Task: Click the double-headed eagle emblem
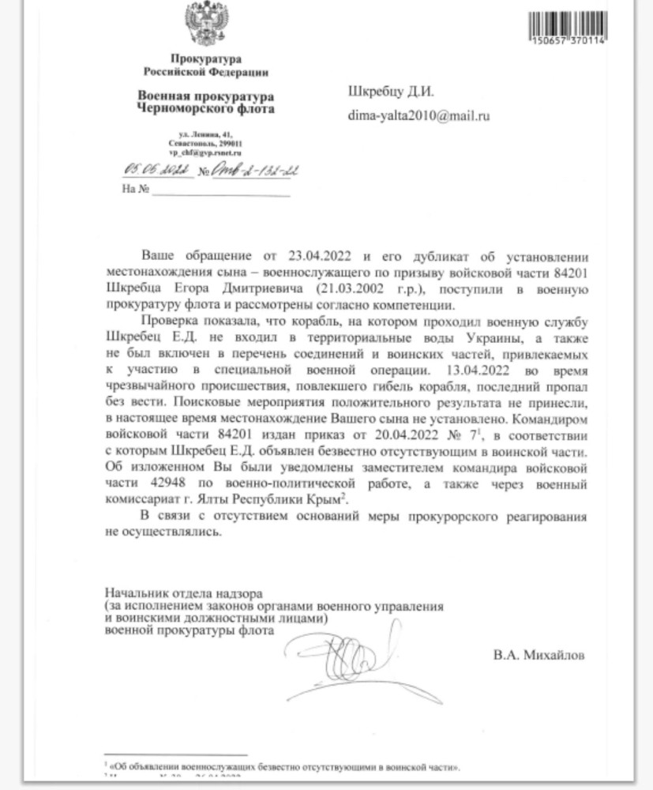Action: (205, 24)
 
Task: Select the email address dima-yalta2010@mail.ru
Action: (419, 116)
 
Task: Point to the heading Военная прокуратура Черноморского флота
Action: (205, 103)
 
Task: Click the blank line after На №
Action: (221, 191)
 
